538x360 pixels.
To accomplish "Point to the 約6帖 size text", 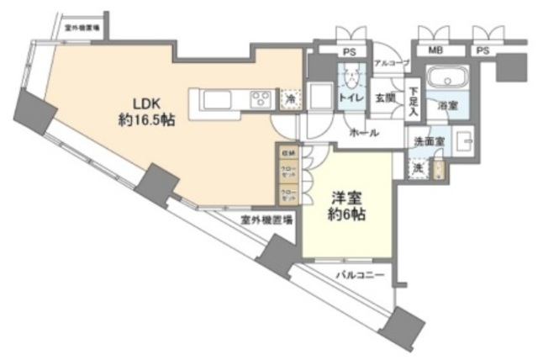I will (345, 214).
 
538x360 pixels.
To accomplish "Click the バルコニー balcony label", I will (359, 275).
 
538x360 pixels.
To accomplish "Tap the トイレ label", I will (351, 98).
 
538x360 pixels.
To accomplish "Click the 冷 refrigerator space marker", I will (288, 98).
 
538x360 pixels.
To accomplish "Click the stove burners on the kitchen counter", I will (260, 100).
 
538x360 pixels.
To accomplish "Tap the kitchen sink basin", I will (217, 101).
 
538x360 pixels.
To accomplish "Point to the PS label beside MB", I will (482, 50).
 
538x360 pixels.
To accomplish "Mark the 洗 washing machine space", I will (417, 168).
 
